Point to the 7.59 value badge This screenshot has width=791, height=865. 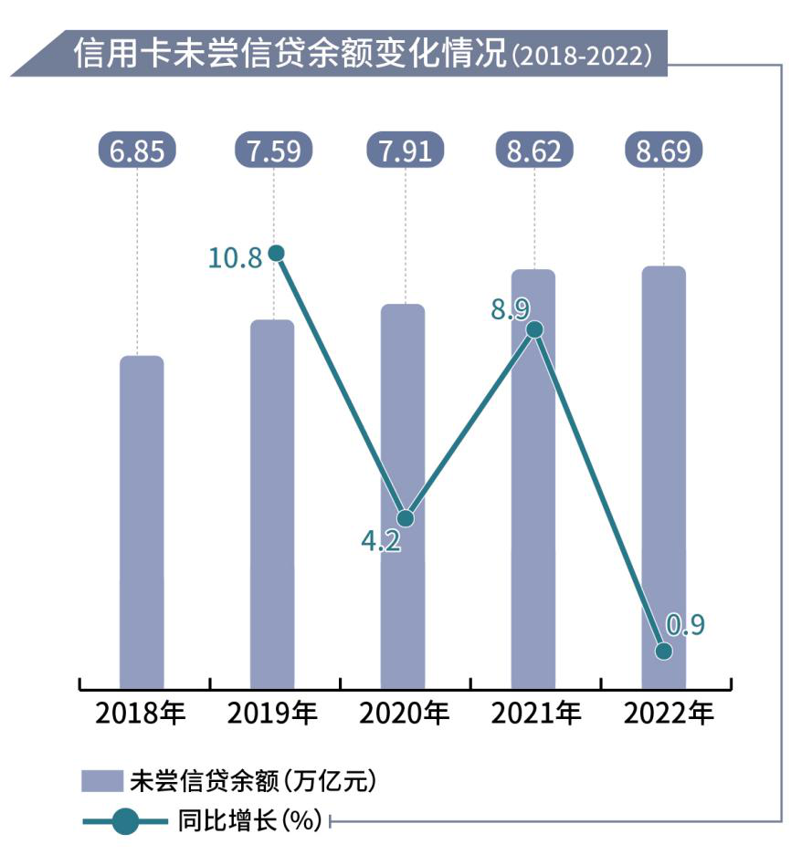tap(273, 150)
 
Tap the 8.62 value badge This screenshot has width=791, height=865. tap(534, 150)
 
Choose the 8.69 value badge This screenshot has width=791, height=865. tap(664, 150)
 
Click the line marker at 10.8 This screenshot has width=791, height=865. tap(277, 253)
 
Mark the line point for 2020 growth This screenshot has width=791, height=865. tap(406, 518)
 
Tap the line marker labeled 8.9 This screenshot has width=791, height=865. tap(535, 329)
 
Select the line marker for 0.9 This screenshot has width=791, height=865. tap(664, 651)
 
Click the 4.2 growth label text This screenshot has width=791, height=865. tap(381, 543)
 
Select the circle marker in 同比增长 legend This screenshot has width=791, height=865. tap(127, 821)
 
